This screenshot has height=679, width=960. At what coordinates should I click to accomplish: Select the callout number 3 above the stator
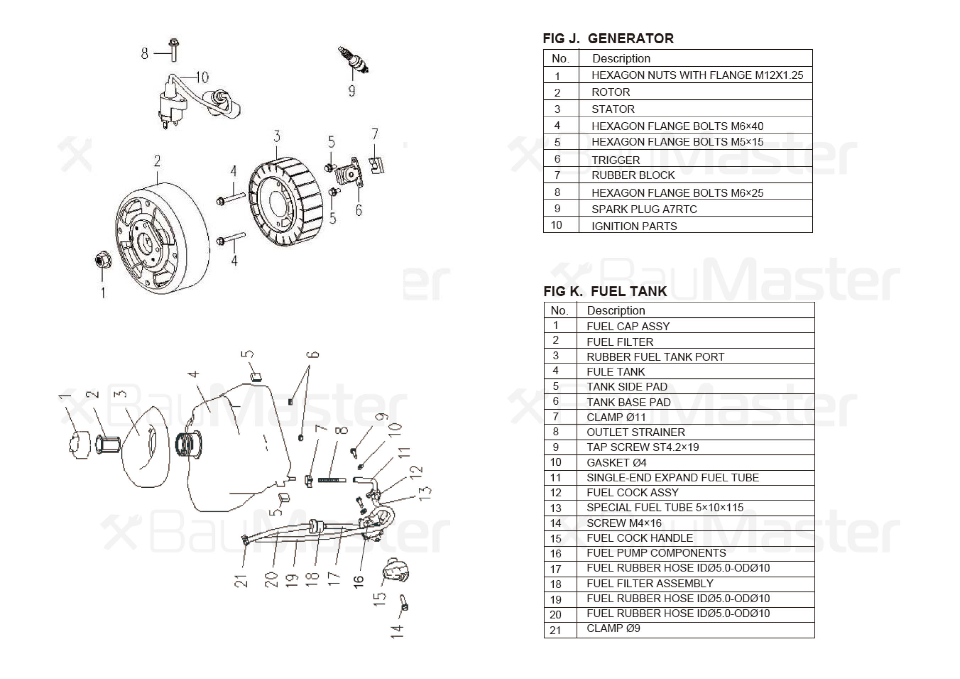click(x=276, y=136)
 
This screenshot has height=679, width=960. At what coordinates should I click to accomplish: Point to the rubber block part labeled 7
click(x=377, y=165)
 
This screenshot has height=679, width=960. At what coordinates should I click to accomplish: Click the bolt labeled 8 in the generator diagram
click(x=174, y=50)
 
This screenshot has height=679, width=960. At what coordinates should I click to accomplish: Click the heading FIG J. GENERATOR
click(x=608, y=38)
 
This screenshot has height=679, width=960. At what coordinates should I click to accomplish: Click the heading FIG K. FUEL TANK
click(x=605, y=291)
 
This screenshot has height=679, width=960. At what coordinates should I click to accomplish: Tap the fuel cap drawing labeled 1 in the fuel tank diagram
click(x=79, y=444)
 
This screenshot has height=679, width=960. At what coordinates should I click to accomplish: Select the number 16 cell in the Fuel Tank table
click(x=556, y=553)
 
